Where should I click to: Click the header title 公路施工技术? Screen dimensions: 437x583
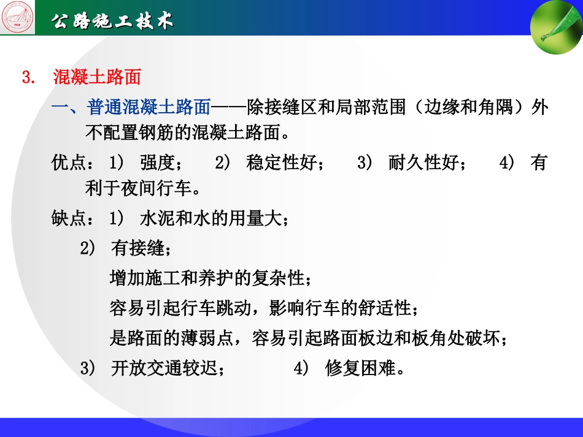(112, 21)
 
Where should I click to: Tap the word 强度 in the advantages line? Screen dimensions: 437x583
(157, 163)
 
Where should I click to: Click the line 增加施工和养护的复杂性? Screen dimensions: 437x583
(207, 278)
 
